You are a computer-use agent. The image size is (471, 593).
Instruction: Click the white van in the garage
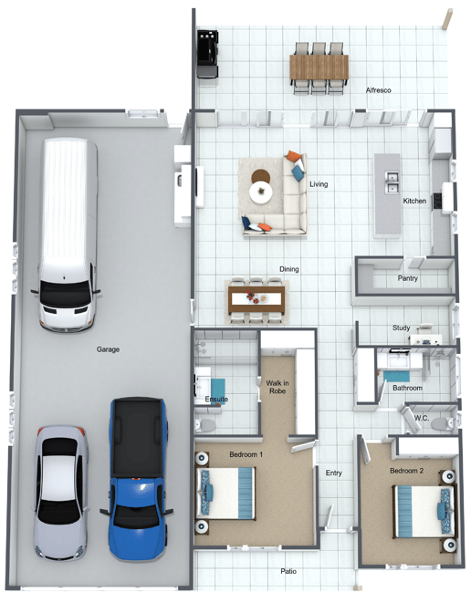[68, 234]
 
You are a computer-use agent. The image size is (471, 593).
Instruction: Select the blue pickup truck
[137, 479]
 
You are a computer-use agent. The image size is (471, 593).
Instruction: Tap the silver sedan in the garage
[59, 493]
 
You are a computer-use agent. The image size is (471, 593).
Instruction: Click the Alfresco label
[378, 90]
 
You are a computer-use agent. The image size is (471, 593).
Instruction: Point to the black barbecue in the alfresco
[208, 54]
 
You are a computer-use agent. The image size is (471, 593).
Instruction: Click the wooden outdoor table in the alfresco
[319, 68]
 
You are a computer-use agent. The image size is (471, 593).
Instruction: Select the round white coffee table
[261, 192]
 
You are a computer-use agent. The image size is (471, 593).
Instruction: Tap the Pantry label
[407, 278]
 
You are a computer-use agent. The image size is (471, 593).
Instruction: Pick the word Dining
[289, 269]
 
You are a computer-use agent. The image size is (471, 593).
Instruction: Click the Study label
[401, 328]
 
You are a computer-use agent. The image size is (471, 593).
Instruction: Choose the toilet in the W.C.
[442, 423]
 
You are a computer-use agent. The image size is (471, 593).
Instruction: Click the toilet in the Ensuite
[204, 425]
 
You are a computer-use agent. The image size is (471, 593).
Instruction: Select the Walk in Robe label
[277, 387]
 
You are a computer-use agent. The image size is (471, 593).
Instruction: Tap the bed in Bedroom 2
[424, 512]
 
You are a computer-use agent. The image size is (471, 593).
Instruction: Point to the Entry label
[334, 473]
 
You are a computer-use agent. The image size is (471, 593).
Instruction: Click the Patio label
[288, 571]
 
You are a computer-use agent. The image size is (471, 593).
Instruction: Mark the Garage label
[108, 349]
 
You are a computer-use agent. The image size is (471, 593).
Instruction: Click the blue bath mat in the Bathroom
[396, 377]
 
